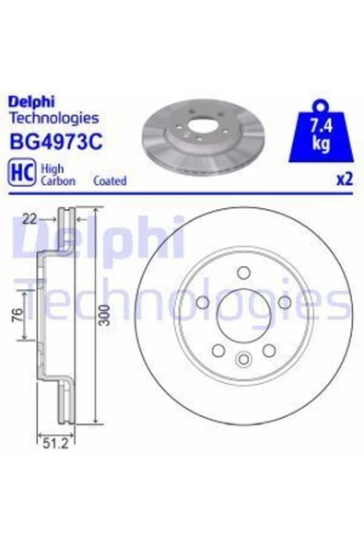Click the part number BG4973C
click(x=57, y=142)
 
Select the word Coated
click(x=110, y=181)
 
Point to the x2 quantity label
click(x=345, y=180)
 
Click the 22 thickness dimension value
click(x=29, y=219)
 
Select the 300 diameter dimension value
click(x=104, y=315)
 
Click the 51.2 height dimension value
click(x=55, y=444)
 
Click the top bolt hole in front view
click(x=243, y=272)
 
